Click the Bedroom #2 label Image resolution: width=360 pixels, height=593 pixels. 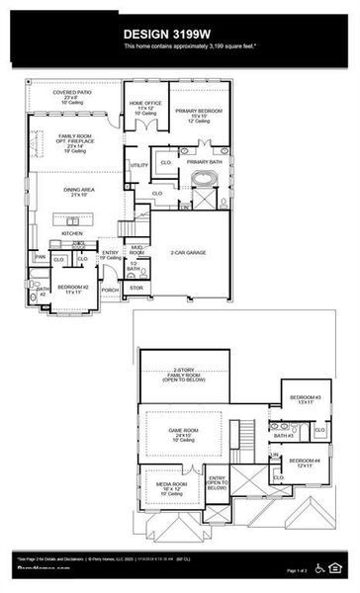point(73,289)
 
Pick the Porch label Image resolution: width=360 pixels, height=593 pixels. point(110,290)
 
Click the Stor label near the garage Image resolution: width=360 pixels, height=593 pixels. point(136,289)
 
